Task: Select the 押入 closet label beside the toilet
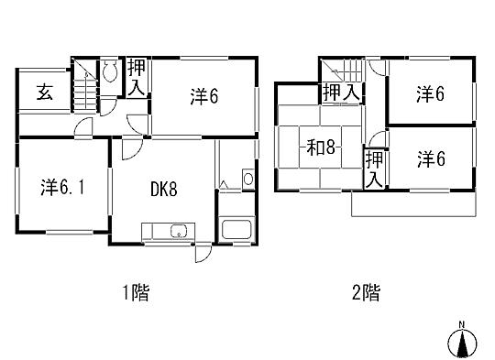tap(137, 75)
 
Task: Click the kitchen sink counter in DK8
tap(167, 231)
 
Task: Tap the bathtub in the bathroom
tap(236, 230)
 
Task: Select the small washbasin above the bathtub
tap(246, 178)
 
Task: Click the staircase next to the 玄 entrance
tap(84, 90)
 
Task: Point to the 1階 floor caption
tap(135, 294)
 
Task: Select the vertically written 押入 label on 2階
tap(373, 169)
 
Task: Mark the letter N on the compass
tap(462, 325)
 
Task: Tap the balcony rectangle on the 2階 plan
tap(412, 207)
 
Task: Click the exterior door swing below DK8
tap(202, 253)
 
